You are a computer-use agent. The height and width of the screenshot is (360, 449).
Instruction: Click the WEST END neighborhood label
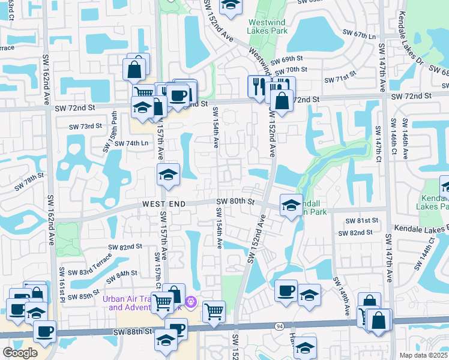(x=164, y=204)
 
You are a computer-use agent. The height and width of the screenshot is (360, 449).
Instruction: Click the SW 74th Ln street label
(x=131, y=143)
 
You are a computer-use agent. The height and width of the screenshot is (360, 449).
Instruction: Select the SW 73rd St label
(x=85, y=127)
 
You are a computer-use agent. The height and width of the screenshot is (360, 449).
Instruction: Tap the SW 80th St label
(x=236, y=201)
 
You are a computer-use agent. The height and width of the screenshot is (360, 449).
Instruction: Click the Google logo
(x=20, y=352)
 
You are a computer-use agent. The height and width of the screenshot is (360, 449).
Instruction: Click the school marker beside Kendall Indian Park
(x=291, y=206)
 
